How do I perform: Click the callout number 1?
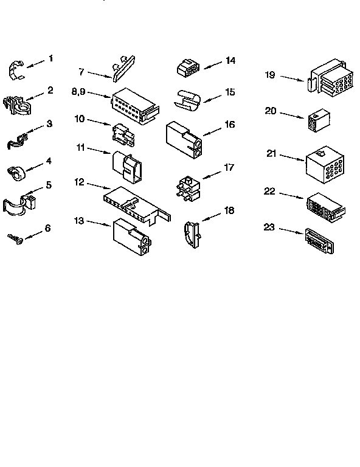tap(51, 58)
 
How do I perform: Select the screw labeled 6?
tap(15, 238)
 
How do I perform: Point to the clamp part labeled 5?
tap(20, 203)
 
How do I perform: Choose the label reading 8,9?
tap(78, 92)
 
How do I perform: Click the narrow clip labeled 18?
tap(191, 232)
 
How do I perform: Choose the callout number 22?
tap(270, 191)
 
